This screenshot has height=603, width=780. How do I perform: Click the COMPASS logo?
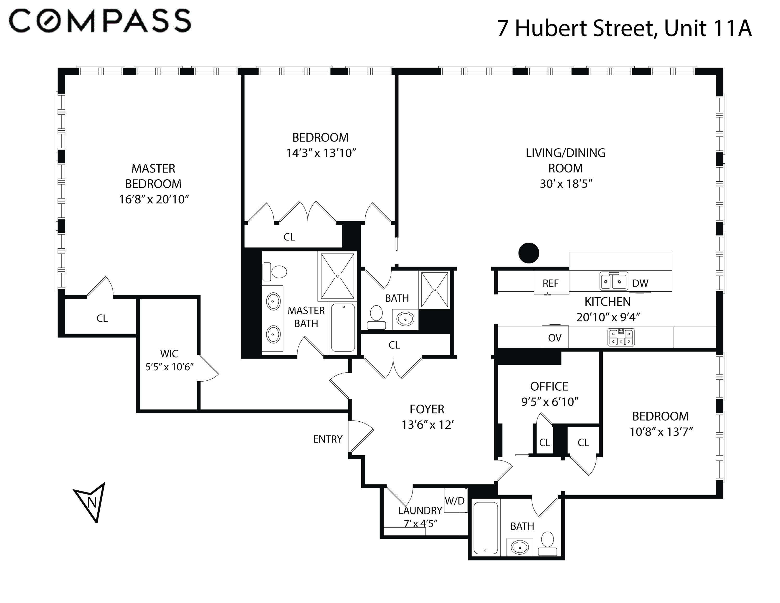coord(100,21)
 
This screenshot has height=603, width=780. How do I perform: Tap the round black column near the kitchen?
coord(529,253)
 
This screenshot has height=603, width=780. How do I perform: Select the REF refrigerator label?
coord(550,284)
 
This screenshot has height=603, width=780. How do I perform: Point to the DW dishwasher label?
coord(640,284)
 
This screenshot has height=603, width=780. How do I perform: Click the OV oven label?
coord(555,338)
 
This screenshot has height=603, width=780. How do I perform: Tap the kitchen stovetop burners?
coord(621,337)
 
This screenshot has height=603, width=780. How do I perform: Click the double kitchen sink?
coord(614,281)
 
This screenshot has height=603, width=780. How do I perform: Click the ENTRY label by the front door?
coord(328,439)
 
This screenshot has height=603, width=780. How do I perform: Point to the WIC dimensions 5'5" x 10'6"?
coord(169,367)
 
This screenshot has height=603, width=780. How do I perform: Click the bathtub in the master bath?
coord(343,327)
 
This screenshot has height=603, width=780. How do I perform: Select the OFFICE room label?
coord(549,386)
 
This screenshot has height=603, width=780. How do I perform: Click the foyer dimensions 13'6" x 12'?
coord(427,425)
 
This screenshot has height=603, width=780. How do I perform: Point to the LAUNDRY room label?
coord(420,510)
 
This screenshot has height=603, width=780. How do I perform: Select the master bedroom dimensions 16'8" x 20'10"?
coord(154,199)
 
